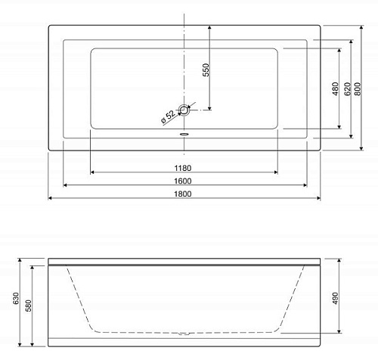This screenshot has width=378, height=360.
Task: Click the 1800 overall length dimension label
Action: click(183, 194)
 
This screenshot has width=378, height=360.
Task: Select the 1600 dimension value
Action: click(183, 181)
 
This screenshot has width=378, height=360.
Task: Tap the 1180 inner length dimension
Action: click(183, 168)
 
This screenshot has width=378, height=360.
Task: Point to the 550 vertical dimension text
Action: click(206, 70)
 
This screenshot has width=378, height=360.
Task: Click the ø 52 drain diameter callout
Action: click(169, 116)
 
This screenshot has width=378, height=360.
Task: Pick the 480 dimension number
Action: click(336, 88)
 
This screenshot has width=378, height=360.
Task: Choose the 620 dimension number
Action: click(348, 88)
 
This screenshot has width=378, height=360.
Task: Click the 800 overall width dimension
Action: click(358, 88)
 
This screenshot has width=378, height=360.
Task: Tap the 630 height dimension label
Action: click(16, 299)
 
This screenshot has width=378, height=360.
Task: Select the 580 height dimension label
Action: click(29, 306)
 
